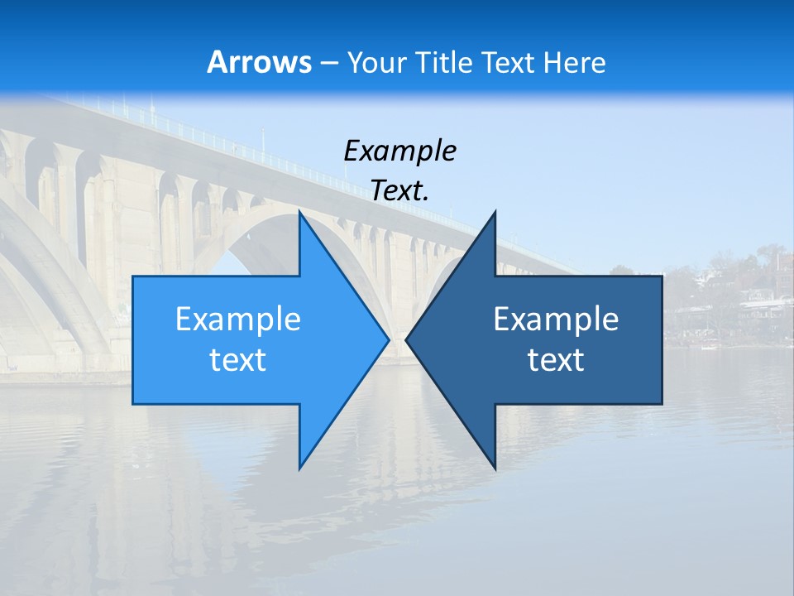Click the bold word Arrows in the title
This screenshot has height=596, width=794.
click(259, 62)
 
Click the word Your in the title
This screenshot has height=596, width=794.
click(375, 63)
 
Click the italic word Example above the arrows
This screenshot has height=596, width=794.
click(399, 151)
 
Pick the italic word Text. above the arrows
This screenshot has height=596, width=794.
click(399, 191)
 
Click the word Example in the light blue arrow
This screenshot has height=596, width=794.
click(238, 320)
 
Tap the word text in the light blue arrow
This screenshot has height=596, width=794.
click(238, 360)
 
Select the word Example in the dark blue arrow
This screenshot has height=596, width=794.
click(556, 320)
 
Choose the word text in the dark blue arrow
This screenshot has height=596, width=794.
click(556, 360)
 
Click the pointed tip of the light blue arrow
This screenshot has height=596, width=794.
click(389, 339)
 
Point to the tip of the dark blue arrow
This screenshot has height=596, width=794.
click(406, 339)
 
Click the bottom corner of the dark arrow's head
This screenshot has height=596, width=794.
click(495, 469)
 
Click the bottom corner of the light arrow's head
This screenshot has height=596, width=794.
click(299, 469)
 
